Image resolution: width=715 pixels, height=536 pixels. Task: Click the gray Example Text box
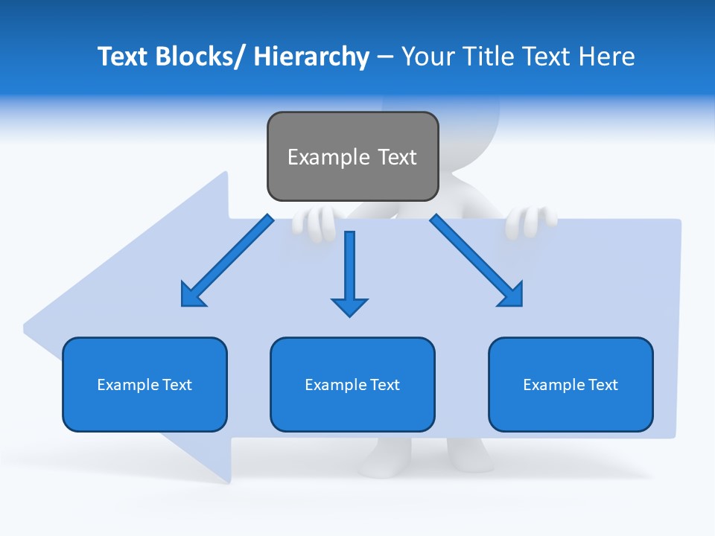[352, 156]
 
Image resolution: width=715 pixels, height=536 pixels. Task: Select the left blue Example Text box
[144, 384]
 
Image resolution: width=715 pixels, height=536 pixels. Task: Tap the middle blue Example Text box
[352, 384]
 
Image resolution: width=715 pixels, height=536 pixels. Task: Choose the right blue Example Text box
[571, 384]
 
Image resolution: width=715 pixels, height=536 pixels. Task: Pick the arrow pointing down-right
[477, 261]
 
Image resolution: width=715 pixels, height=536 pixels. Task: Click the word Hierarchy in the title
[311, 57]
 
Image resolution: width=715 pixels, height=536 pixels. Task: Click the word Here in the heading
[607, 57]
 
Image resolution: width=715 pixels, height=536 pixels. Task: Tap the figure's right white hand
[530, 221]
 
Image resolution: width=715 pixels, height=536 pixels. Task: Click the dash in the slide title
[385, 57]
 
